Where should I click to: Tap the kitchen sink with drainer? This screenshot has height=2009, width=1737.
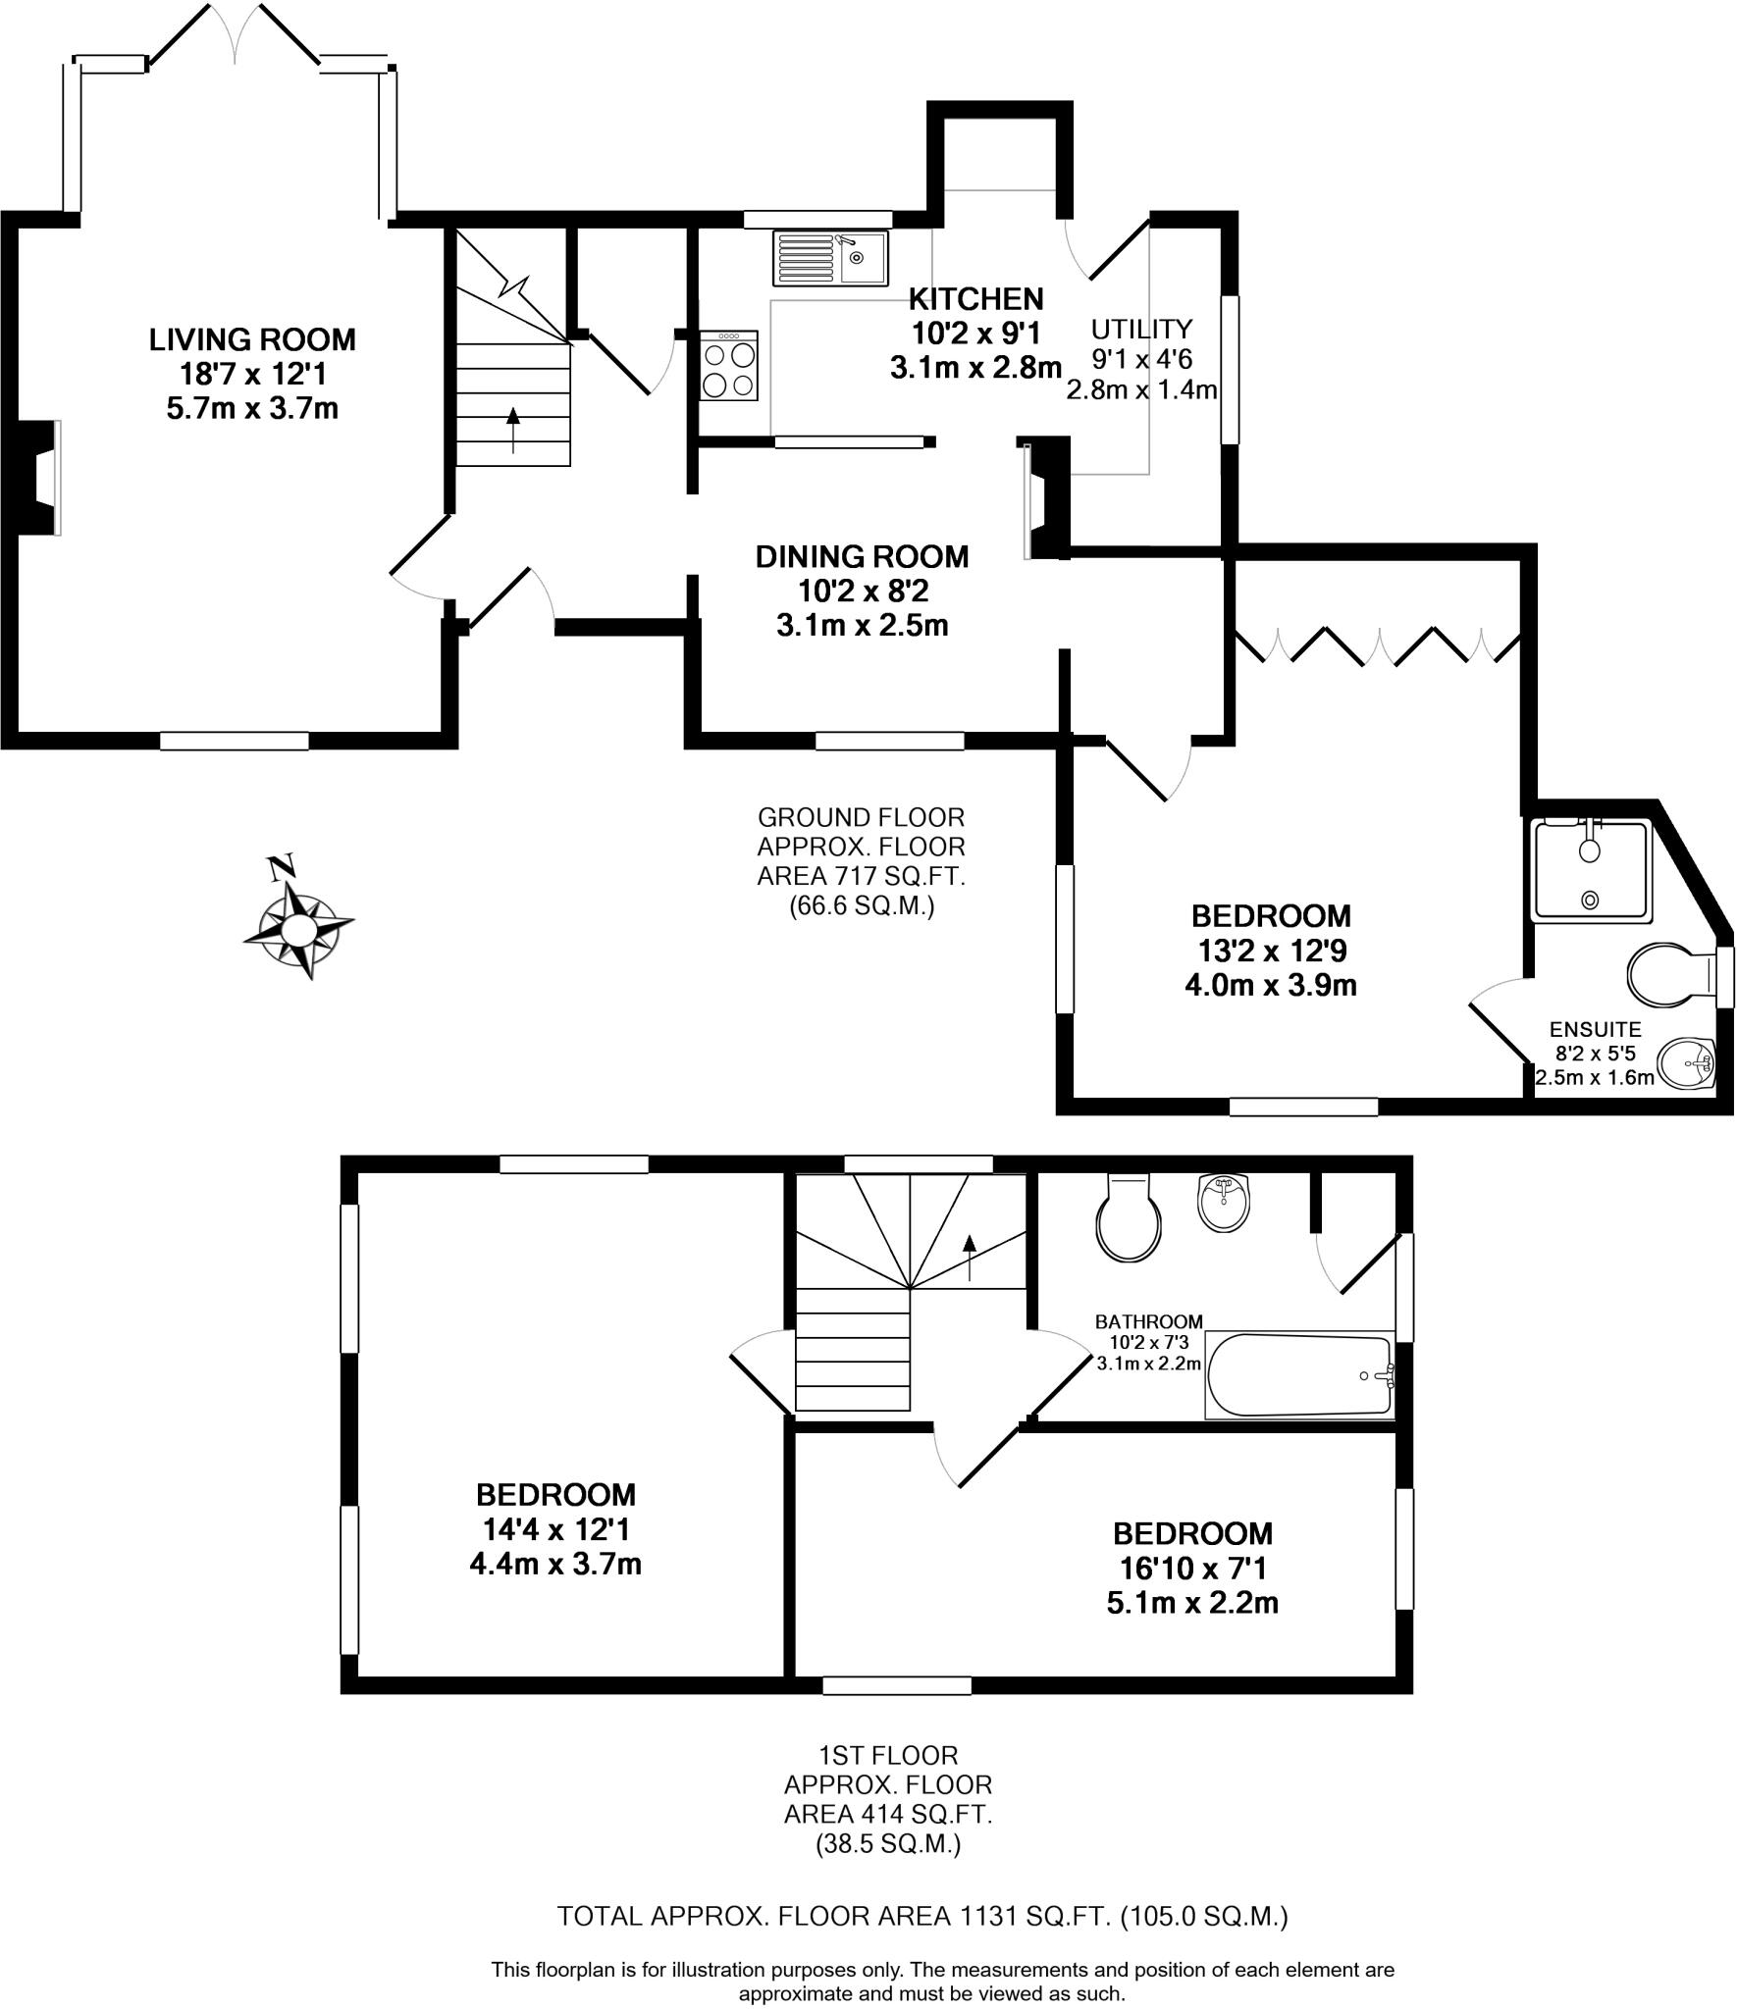(830, 257)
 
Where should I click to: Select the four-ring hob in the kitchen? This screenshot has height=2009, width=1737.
(729, 366)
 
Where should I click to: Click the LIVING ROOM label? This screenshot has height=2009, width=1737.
(252, 340)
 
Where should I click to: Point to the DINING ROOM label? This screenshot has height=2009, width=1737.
(862, 557)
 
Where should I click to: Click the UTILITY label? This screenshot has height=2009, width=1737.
(1141, 328)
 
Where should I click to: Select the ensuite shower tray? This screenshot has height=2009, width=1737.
(1591, 871)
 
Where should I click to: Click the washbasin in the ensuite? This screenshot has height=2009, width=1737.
(1686, 1063)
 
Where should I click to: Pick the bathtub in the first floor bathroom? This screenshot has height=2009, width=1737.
(1299, 1375)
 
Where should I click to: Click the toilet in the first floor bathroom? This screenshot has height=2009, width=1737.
(1129, 1219)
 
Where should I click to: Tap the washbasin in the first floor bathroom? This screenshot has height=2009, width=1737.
(1225, 1203)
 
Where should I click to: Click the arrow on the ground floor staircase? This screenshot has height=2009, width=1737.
(512, 429)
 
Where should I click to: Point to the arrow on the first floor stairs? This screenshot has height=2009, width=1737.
(970, 1257)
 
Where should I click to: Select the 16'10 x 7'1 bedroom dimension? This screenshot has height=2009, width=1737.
(1192, 1569)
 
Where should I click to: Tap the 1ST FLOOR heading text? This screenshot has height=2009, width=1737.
(887, 1754)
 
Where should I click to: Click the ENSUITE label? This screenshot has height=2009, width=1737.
(1595, 1029)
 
